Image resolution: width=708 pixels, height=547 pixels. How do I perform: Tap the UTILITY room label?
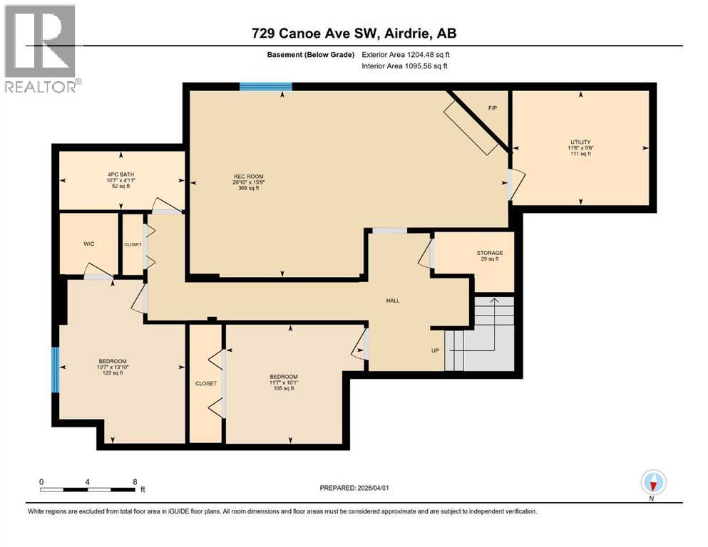click(x=580, y=142)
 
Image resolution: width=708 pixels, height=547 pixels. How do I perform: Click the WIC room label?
click(x=88, y=244)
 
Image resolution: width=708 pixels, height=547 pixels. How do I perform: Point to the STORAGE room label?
click(x=490, y=253)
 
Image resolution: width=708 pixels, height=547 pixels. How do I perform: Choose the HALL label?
click(x=392, y=301)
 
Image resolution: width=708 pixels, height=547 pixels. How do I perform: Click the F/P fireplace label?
click(x=492, y=108)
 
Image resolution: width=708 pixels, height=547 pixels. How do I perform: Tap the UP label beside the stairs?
click(x=434, y=350)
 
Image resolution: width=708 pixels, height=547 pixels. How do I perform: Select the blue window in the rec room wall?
click(x=266, y=87)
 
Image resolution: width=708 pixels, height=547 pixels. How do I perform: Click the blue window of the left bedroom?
click(x=55, y=369)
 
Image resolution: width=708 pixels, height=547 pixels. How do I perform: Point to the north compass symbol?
click(x=653, y=483)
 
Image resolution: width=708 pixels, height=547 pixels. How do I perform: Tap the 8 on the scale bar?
click(x=135, y=481)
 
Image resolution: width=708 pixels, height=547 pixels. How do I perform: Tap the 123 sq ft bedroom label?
click(x=113, y=373)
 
